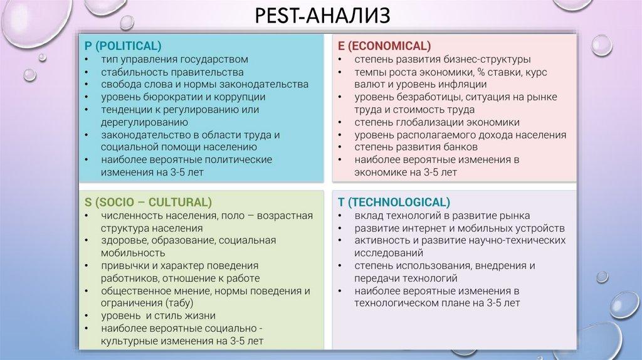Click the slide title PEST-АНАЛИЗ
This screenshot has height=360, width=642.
pos(320,15)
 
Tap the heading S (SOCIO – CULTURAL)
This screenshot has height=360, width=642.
pos(148,202)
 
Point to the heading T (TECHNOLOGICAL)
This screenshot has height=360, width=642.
pos(393,202)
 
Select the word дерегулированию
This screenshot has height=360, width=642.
pos(145,122)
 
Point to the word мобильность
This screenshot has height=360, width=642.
pos(133,253)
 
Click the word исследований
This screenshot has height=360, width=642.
pos(388,253)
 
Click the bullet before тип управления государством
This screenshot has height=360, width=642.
pos(86,60)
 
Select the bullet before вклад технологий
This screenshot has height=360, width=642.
pos(339,216)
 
